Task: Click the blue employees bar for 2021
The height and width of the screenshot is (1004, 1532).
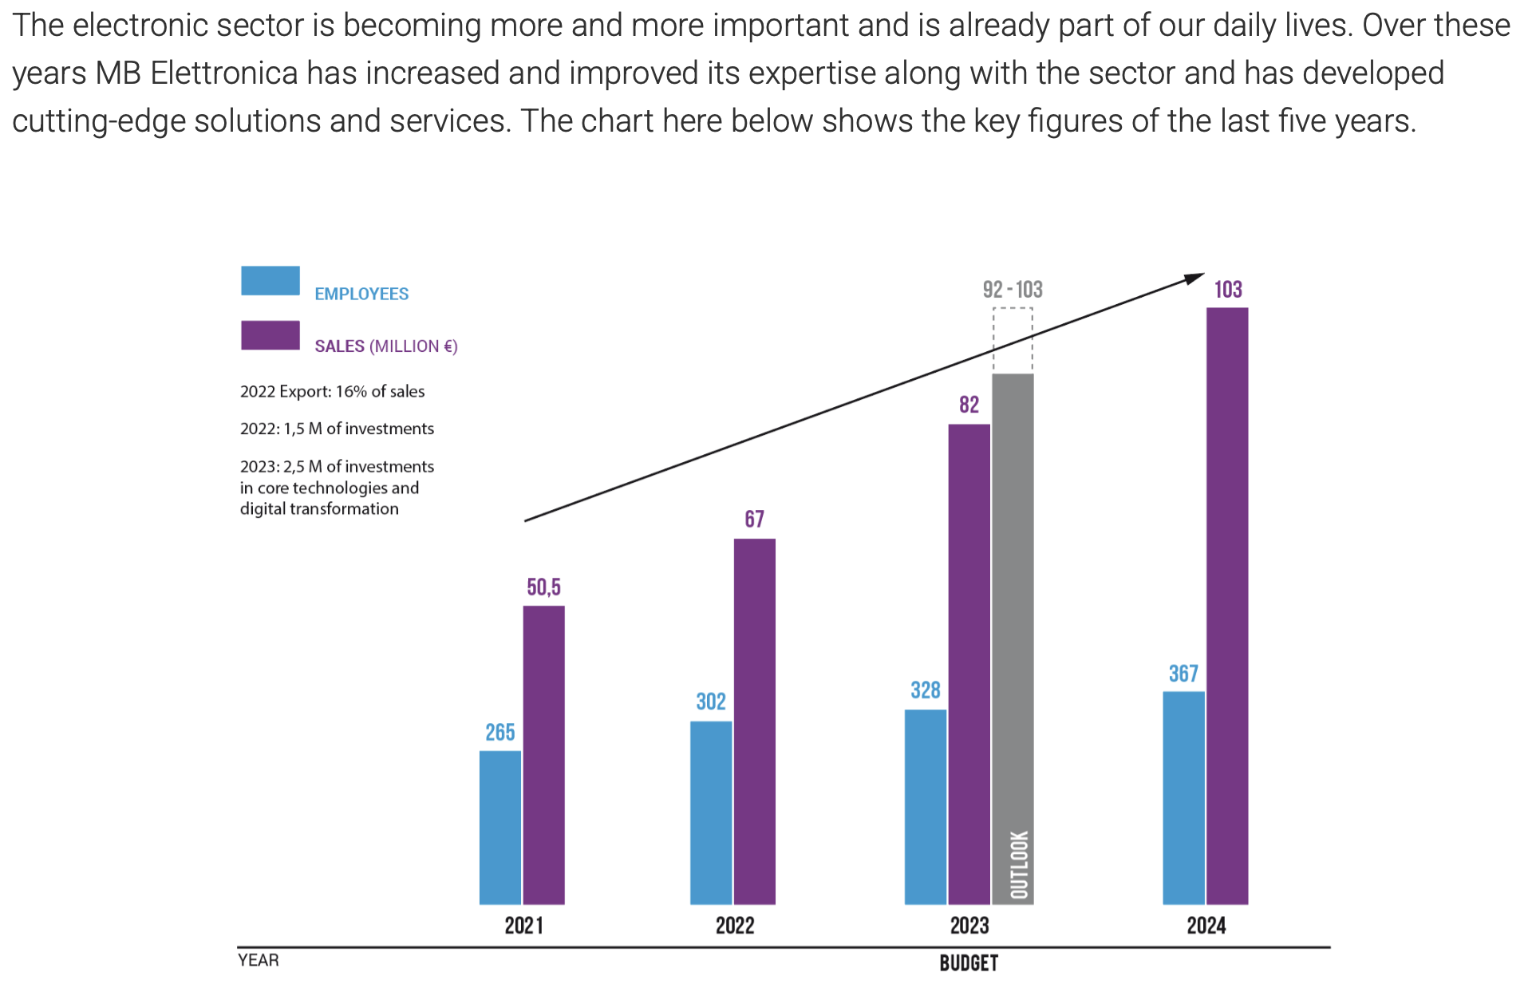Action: point(500,827)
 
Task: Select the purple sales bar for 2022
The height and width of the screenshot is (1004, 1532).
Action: point(754,721)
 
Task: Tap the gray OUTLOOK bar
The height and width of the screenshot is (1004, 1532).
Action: point(1013,638)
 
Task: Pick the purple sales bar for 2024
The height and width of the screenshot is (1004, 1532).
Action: point(1227,606)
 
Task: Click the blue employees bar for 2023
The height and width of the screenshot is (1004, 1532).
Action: point(926,807)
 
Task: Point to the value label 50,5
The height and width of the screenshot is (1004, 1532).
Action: point(543,587)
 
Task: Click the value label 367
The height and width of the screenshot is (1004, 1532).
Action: point(1183,674)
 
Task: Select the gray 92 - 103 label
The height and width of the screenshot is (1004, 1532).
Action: point(1013,290)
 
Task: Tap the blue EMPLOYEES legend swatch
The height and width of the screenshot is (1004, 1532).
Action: point(270,281)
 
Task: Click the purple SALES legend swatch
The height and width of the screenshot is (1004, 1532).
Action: point(270,335)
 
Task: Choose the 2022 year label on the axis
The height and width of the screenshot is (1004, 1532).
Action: point(734,926)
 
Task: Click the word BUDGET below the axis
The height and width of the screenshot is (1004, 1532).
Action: point(969,963)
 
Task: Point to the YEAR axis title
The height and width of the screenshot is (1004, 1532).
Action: point(259,960)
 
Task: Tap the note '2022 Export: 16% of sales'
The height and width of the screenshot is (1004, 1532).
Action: point(332,392)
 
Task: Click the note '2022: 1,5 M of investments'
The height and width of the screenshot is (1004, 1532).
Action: point(337,429)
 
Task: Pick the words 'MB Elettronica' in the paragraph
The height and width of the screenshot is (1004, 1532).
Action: point(196,73)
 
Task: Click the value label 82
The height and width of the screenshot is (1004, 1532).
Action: point(969,405)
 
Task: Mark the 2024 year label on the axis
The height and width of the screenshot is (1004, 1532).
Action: point(1206,926)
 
